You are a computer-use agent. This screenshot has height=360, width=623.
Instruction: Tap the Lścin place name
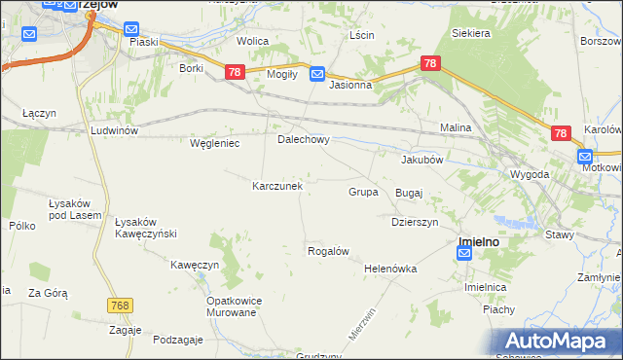click(x=361, y=35)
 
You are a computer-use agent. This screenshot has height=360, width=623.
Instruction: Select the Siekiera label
click(x=470, y=32)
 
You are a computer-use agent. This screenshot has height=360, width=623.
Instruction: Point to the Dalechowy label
click(x=304, y=139)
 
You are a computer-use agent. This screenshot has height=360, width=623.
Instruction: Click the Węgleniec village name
click(x=214, y=143)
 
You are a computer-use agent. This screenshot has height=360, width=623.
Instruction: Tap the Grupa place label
click(x=363, y=192)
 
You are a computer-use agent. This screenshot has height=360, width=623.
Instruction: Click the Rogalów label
click(x=328, y=251)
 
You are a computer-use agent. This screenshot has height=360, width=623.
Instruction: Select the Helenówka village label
click(x=390, y=269)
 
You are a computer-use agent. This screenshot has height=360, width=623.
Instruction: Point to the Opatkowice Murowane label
click(x=231, y=306)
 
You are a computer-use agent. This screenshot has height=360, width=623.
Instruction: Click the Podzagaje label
click(x=178, y=339)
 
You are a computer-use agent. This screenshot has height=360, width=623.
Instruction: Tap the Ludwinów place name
click(x=115, y=130)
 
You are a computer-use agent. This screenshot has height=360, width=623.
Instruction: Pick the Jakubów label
click(x=422, y=160)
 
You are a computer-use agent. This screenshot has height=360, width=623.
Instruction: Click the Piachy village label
click(x=498, y=309)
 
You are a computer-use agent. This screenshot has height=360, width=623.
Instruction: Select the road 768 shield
click(x=120, y=306)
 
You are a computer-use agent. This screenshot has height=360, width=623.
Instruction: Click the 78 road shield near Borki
click(x=234, y=72)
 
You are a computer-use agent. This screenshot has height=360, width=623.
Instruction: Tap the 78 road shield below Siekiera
click(x=431, y=64)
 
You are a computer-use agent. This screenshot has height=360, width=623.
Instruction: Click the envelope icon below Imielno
click(x=464, y=254)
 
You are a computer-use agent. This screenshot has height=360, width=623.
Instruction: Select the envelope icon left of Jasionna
click(x=317, y=74)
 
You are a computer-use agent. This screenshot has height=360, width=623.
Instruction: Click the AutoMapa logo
click(x=559, y=341)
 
